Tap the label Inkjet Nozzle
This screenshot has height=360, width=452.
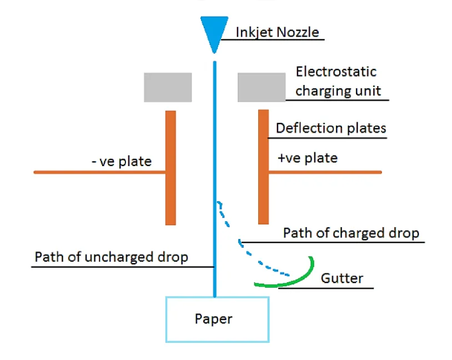pos(277,32)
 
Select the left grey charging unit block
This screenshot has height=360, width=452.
pos(168,87)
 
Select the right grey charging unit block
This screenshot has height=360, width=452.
pos(261,87)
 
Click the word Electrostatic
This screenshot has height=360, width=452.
pos(335,72)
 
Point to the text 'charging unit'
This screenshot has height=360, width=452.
pos(338,91)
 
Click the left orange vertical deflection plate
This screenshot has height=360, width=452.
pos(170,167)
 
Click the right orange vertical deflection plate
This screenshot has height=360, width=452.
pos(263,167)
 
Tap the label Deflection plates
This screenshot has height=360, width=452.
pos(330,128)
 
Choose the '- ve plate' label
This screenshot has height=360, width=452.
pos(120,162)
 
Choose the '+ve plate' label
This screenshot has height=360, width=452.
pos(307,158)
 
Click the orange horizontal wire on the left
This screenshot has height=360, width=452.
pos(100,172)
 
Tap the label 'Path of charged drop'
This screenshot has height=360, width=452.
pos(350,233)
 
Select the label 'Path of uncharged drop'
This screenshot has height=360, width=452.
pos(111,257)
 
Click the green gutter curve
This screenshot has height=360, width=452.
pos(294,281)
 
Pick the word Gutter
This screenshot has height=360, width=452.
pos(341,278)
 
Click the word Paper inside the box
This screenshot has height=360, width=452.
pos(213,319)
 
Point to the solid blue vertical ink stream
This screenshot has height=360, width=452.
pos(215,139)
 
